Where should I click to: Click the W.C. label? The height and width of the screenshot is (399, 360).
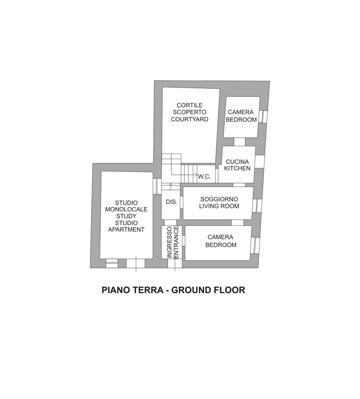pyautogui.click(x=204, y=177)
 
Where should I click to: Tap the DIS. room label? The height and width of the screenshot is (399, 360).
pyautogui.click(x=171, y=202)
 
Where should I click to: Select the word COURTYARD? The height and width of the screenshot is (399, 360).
pyautogui.click(x=189, y=119)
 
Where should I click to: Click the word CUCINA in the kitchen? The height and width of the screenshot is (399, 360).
pyautogui.click(x=237, y=161)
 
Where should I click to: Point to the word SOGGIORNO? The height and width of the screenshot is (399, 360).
pyautogui.click(x=219, y=199)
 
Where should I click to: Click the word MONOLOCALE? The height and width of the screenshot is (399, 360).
pyautogui.click(x=126, y=209)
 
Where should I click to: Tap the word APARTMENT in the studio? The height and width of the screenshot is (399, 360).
pyautogui.click(x=126, y=229)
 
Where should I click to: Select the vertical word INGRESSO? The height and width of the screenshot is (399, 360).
pyautogui.click(x=170, y=242)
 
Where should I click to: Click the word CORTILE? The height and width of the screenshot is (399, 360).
pyautogui.click(x=189, y=105)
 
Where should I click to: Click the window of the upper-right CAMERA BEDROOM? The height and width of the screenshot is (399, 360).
pyautogui.click(x=263, y=117)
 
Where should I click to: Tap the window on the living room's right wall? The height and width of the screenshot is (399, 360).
pyautogui.click(x=257, y=206)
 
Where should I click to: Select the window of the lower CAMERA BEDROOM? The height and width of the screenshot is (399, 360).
pyautogui.click(x=255, y=246)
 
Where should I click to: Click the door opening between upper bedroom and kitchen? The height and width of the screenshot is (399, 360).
pyautogui.click(x=239, y=142)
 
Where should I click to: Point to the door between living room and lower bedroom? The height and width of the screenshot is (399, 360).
pyautogui.click(x=238, y=223)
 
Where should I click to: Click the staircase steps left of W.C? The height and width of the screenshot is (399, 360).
pyautogui.click(x=189, y=174)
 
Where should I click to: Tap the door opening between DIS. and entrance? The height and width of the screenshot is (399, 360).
pyautogui.click(x=171, y=223)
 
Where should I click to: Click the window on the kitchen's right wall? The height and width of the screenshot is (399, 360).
pyautogui.click(x=260, y=161)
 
